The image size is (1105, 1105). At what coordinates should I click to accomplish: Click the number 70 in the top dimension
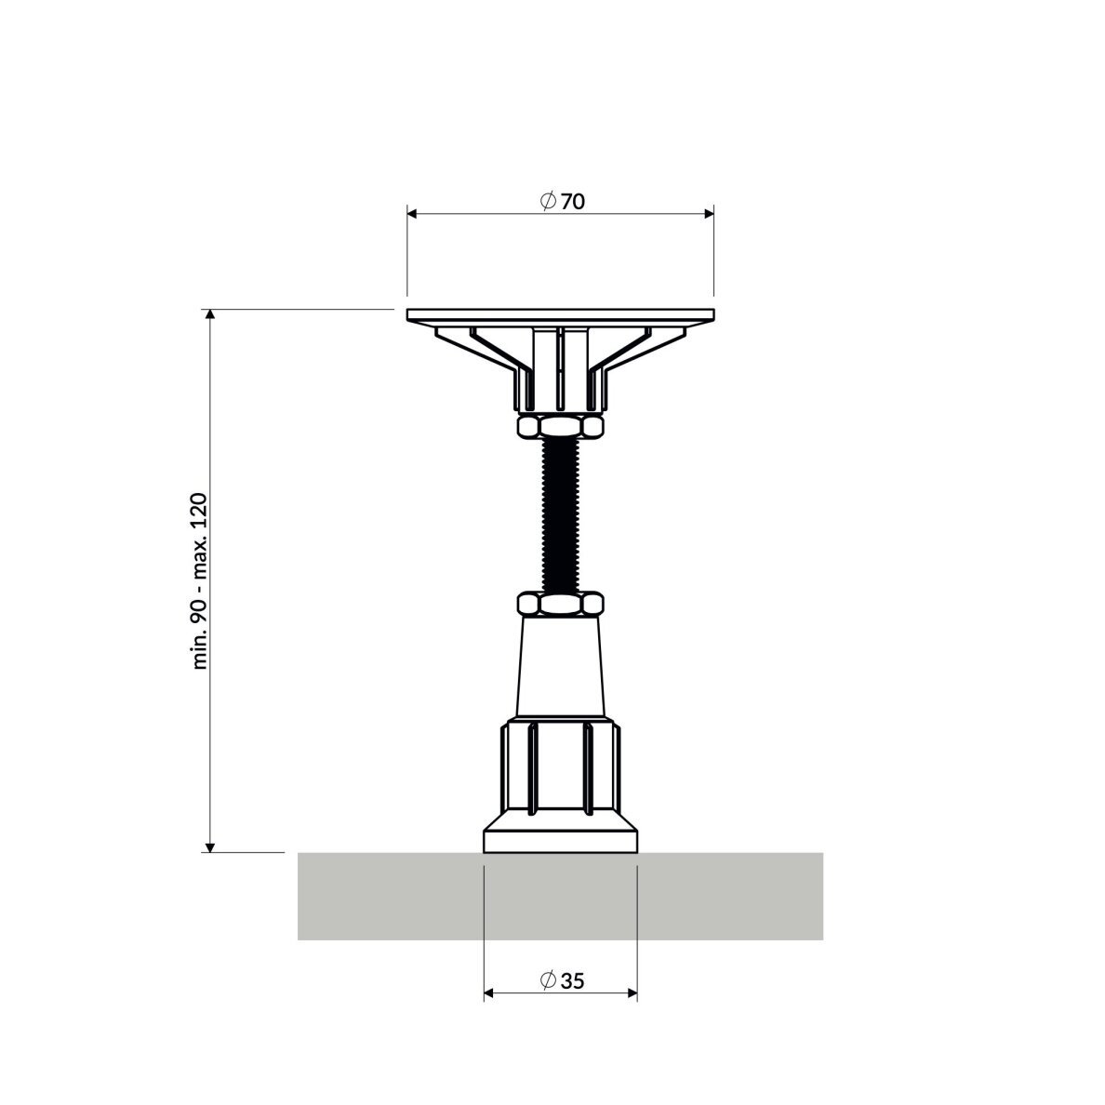[573, 202]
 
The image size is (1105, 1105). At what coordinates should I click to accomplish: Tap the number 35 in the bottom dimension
[573, 981]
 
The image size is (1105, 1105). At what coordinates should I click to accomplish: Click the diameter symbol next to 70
[549, 202]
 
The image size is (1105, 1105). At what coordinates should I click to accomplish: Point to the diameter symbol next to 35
[549, 980]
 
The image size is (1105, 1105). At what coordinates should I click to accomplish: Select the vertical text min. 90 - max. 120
[200, 581]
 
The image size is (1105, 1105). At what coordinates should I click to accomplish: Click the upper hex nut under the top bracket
[560, 426]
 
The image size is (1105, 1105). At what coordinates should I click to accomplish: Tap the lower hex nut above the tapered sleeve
[560, 604]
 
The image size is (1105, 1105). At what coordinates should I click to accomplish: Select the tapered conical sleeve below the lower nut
[560, 666]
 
